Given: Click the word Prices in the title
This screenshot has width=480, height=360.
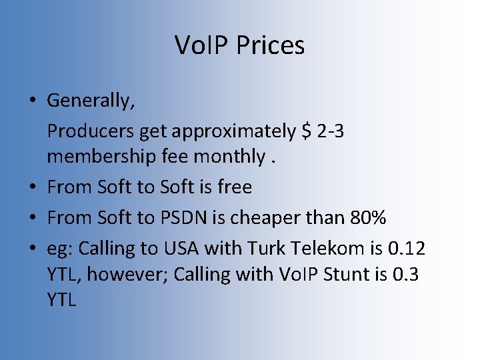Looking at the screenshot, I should point(269,45).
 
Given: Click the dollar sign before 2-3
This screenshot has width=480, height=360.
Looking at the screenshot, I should point(306,131).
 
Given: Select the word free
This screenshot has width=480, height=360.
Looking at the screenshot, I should point(235,187).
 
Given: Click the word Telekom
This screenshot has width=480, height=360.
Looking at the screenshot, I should point(327,248).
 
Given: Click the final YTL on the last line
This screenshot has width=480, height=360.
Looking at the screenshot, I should point(62,299).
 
